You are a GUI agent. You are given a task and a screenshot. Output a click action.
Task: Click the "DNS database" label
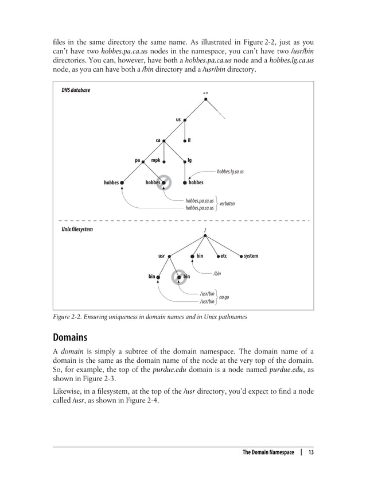click(x=75, y=90)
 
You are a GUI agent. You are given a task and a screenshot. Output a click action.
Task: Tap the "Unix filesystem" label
click(x=78, y=228)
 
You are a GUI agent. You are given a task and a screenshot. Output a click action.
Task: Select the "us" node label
click(x=178, y=120)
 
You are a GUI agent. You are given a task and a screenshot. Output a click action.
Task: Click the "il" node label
click(x=189, y=139)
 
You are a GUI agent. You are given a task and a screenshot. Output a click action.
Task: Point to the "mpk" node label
click(x=155, y=161)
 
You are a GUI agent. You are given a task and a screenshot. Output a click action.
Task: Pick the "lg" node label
click(x=190, y=161)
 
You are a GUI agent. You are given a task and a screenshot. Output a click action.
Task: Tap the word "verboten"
click(x=227, y=204)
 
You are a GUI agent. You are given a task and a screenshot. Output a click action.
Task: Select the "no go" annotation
click(x=224, y=297)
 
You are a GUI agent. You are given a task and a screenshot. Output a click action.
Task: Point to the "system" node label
click(x=251, y=255)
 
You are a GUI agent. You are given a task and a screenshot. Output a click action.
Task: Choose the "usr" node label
click(x=162, y=255)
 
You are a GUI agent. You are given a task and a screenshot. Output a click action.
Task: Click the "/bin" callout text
click(x=217, y=274)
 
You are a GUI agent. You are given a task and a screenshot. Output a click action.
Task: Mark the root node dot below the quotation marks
click(x=205, y=100)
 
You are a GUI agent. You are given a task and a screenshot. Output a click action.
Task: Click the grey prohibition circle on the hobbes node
click(x=165, y=183)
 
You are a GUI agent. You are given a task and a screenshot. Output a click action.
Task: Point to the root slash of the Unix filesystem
click(x=205, y=231)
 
